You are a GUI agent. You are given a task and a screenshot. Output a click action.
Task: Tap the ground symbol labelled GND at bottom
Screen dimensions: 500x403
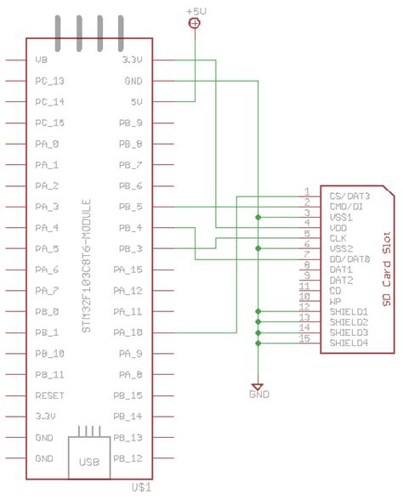coord(258,395)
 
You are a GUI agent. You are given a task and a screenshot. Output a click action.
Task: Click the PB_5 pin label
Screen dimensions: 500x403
coord(131,207)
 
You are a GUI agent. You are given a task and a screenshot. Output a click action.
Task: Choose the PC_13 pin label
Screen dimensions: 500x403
coord(50,82)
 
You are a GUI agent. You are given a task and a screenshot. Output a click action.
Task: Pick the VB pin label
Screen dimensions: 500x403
coord(42,61)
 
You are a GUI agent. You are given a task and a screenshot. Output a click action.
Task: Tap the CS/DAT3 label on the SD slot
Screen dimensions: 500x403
coord(349,196)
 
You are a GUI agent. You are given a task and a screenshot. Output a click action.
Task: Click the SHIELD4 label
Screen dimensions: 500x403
coord(349,343)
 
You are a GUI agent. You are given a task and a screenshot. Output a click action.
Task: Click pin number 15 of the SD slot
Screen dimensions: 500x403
coord(304,339)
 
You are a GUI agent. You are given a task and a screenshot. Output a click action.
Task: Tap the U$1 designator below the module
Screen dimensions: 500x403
coord(143,486)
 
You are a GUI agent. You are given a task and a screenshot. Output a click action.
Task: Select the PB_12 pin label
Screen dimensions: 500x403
coord(131,458)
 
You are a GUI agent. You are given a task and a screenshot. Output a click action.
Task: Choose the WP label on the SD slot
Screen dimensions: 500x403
coord(335,301)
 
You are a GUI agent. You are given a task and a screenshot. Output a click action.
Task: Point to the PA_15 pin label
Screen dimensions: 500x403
coord(129,270)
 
